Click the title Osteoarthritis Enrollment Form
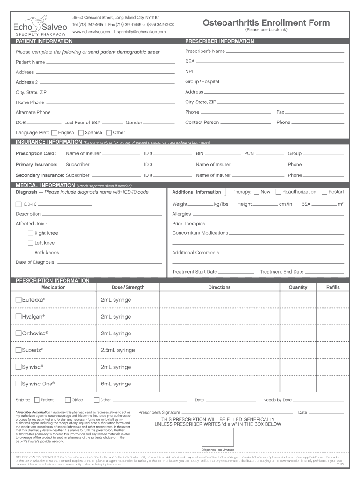pos(266,23)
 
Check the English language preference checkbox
pos(54,132)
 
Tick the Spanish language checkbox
pos(81,132)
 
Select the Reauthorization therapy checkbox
pos(278,192)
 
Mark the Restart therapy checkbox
pos(324,192)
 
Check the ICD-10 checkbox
pos(19,204)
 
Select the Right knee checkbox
pos(30,233)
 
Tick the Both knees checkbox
pos(30,253)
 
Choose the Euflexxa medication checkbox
pos(19,300)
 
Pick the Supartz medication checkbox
pos(19,350)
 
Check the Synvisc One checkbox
pos(19,384)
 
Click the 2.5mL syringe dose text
pos(118,350)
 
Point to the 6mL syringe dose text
pos(116,384)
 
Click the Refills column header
pos(332,287)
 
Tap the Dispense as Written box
pos(217,437)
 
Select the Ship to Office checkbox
pos(68,400)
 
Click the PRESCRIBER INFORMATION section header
pos(220,41)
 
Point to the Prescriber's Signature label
pos(159,412)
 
